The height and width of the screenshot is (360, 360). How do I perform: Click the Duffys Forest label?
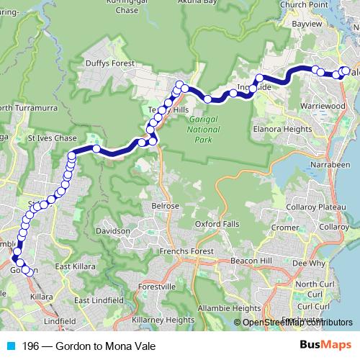click(x=106, y=63)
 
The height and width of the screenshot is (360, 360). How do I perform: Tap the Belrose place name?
click(x=165, y=206)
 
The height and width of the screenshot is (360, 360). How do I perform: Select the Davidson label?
click(x=112, y=231)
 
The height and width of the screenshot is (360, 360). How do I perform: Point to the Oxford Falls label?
click(x=217, y=223)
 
